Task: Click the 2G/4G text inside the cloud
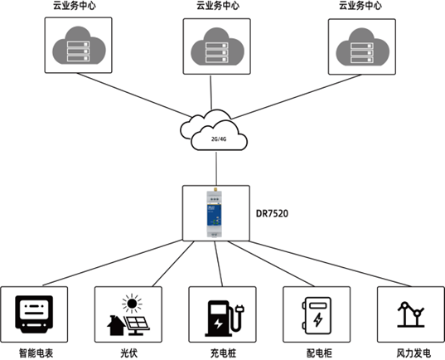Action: coord(219,139)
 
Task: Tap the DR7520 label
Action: coord(272,213)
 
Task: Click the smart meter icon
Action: coord(34,314)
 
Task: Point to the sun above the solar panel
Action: coord(132,304)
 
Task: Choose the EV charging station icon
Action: coord(225,319)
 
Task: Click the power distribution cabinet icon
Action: coord(317,316)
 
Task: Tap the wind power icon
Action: coord(411,314)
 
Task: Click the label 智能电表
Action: coord(36,353)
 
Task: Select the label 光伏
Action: coord(128,353)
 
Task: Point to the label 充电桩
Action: coord(224,353)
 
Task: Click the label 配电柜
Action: coord(319,353)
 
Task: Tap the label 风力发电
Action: coord(414,353)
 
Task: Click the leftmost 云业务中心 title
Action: coord(75,6)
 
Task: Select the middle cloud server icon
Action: coord(217,46)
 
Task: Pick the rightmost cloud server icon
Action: coord(363,47)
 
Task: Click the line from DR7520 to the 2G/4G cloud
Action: coord(216,168)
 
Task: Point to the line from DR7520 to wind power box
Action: coord(330,264)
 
